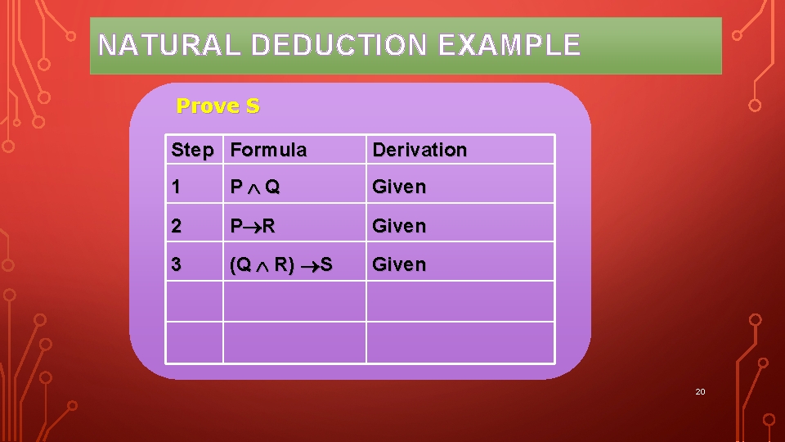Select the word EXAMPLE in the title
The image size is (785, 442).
509,45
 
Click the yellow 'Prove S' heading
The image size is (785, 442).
218,106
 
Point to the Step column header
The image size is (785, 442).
192,150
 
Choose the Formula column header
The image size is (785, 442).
269,150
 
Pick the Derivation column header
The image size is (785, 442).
419,150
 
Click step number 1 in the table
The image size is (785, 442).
177,187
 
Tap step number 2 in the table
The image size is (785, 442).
177,226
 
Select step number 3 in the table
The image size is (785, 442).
177,264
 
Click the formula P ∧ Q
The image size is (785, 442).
255,187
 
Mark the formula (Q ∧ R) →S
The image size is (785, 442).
281,264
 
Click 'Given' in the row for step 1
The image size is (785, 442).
399,187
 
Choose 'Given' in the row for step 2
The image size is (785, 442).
399,226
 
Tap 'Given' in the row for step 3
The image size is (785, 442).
399,264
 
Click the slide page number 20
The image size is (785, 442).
700,392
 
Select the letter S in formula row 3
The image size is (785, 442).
326,264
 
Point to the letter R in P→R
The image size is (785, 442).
268,226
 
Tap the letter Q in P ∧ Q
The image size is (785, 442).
272,187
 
